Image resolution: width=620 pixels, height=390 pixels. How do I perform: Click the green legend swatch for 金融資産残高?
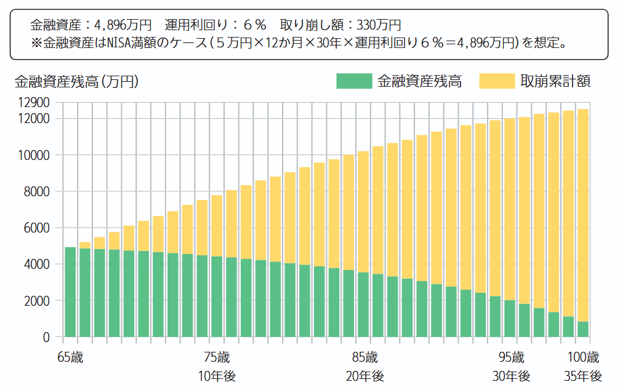354,81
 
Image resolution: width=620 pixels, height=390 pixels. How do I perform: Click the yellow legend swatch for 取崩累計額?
496,81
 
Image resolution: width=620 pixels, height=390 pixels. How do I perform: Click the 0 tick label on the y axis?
46,337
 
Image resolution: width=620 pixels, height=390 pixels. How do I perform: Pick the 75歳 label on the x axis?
217,357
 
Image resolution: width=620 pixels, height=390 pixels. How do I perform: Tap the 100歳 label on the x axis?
582,357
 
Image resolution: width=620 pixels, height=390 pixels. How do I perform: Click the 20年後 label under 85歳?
364,376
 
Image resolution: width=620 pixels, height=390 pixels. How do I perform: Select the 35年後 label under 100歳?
582,376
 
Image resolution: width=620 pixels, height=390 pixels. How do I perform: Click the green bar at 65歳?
70,292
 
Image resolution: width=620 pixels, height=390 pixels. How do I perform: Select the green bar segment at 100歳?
582,329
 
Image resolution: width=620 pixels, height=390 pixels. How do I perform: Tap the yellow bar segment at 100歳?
582,215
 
